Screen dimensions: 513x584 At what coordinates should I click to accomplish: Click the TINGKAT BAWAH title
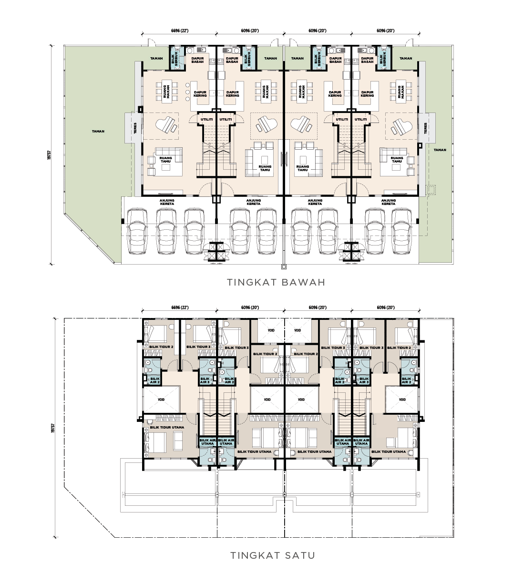[x=276, y=282]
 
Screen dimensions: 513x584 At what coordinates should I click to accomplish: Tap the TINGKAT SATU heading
[x=273, y=555]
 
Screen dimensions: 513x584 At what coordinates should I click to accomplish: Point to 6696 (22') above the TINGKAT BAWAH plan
[x=180, y=31]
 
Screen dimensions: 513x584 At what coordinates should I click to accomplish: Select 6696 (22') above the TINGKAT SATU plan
[x=180, y=307]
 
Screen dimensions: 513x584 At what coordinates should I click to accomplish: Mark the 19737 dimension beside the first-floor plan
[x=52, y=428]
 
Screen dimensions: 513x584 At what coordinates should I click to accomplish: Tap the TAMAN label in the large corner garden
[x=98, y=131]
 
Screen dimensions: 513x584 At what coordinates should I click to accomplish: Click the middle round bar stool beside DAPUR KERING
[x=187, y=92]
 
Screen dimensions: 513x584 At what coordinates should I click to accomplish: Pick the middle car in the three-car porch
[x=166, y=231]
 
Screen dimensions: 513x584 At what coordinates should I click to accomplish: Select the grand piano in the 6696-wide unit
[x=166, y=124]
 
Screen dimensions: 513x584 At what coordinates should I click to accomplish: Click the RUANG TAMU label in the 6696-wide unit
[x=165, y=160]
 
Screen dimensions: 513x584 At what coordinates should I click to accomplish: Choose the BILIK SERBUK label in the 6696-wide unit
[x=175, y=59]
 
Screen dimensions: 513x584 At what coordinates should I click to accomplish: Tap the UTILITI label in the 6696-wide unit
[x=207, y=119]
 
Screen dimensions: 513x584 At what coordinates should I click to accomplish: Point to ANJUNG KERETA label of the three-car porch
[x=167, y=202]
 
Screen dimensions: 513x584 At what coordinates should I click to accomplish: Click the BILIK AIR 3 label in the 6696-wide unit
[x=205, y=380]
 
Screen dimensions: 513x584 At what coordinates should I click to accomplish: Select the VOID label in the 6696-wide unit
[x=161, y=400]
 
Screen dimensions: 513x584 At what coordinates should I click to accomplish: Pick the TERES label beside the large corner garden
[x=135, y=128]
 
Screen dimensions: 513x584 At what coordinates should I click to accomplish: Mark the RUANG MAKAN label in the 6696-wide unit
[x=166, y=92]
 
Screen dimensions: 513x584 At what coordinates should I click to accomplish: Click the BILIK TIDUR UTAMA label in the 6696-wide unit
[x=167, y=427]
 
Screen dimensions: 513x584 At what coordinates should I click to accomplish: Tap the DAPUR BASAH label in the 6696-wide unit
[x=197, y=60]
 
